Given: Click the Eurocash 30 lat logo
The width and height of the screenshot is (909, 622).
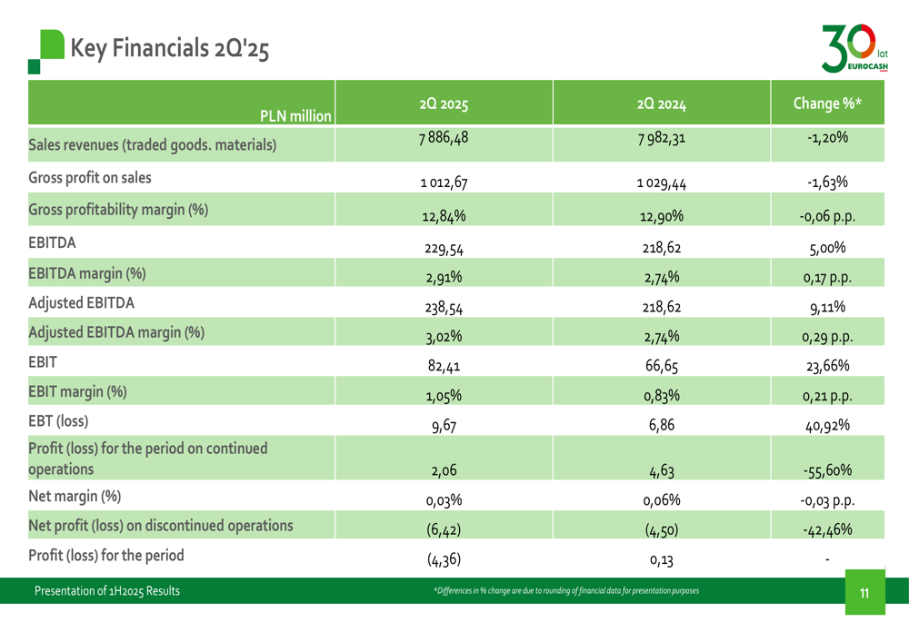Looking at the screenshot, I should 854,47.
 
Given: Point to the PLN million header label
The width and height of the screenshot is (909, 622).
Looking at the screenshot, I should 295,116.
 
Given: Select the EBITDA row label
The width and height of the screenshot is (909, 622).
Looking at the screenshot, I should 54,243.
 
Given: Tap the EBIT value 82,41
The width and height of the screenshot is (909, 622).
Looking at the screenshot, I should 443,367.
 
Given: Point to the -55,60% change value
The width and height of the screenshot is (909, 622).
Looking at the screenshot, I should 827,470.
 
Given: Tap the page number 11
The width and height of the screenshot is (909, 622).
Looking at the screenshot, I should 864,594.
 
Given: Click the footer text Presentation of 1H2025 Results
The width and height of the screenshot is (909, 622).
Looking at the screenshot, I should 107,592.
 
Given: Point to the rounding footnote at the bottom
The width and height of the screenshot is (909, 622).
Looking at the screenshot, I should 567,592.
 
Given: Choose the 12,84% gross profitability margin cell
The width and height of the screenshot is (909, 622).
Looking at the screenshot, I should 443,216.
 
